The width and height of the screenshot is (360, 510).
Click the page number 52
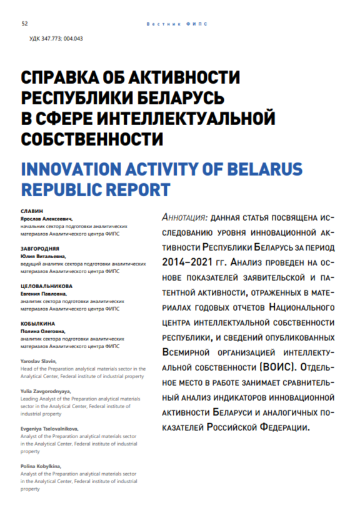pyautogui.click(x=24, y=24)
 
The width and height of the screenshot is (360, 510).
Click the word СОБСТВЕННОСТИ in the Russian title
pyautogui.click(x=92, y=137)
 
